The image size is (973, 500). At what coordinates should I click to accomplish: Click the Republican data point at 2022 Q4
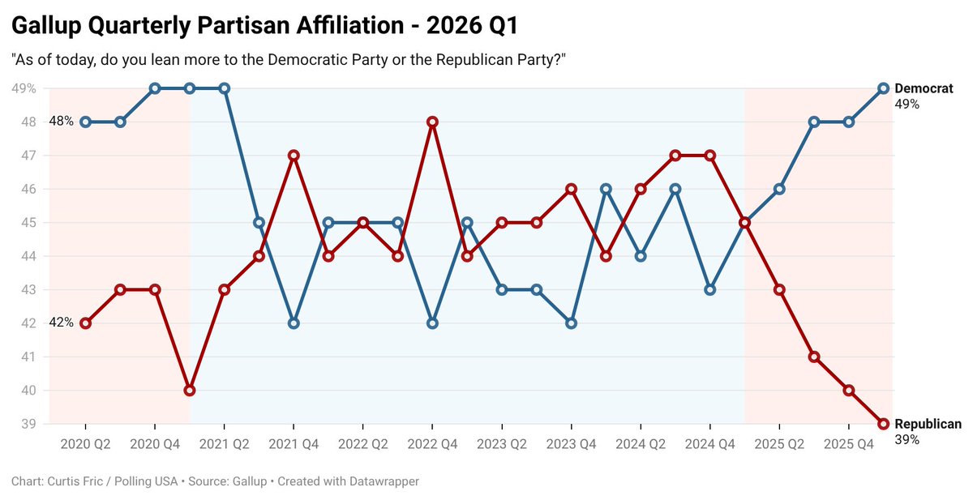coord(432,122)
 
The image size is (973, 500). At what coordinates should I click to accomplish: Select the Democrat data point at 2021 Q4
coord(294,323)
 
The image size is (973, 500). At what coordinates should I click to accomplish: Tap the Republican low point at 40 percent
coord(190,390)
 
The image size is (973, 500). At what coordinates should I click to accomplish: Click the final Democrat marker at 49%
coord(884,88)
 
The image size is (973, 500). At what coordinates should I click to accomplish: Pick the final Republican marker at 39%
coord(884,424)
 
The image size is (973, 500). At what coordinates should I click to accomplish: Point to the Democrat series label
coord(924,88)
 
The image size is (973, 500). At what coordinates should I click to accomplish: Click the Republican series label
coord(928,424)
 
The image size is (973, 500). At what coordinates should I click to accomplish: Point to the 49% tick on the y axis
coord(24,88)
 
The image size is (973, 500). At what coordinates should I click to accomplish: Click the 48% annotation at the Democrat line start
coord(61,122)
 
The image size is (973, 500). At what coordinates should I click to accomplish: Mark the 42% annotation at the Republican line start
coord(61,323)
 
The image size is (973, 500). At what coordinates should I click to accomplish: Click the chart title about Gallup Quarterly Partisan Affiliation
coord(264,26)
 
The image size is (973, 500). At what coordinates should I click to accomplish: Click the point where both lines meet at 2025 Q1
coord(745,222)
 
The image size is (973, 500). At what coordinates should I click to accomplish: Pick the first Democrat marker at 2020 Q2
coord(85,122)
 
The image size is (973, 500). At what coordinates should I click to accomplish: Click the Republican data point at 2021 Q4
coord(294,155)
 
